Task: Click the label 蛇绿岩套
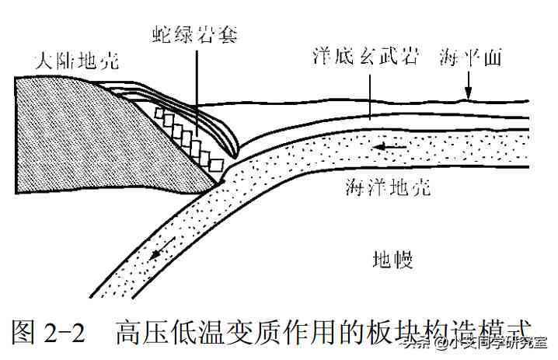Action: [194, 35]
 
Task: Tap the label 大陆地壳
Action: [77, 60]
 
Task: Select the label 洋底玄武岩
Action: [365, 56]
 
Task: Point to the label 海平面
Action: [470, 57]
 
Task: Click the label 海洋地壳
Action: [388, 186]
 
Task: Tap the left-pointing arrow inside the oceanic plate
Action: [389, 146]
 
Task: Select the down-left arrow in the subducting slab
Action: [162, 247]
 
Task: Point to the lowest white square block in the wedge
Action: [216, 165]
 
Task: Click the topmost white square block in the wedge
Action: [159, 114]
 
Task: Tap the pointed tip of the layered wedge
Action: [235, 156]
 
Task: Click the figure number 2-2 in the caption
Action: [65, 331]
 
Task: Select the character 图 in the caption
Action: [23, 331]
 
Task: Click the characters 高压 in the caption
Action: [141, 331]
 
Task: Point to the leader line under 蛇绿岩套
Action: [197, 93]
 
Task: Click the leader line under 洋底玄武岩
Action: [370, 96]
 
